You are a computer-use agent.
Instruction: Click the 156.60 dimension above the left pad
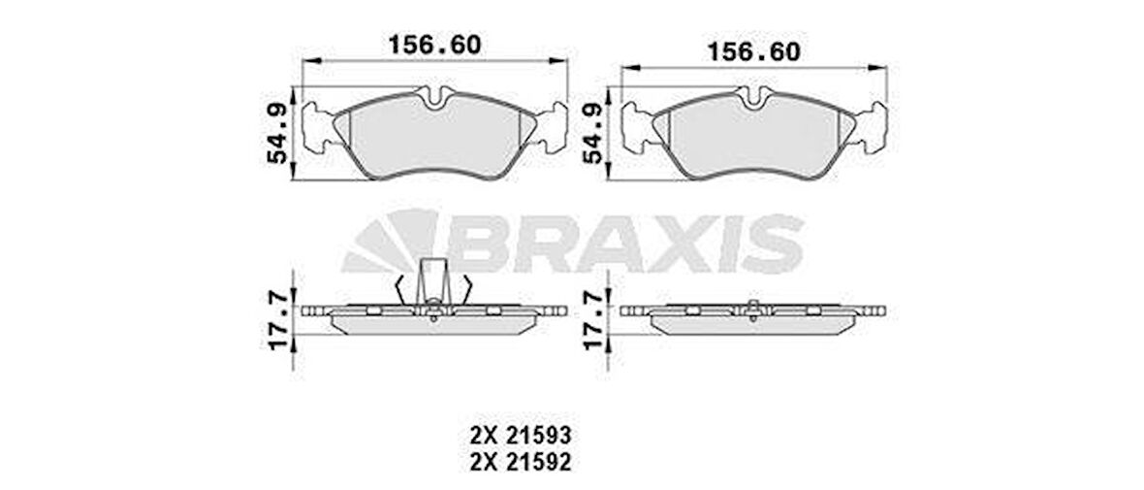tap(434, 45)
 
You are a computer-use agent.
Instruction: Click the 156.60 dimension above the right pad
tap(754, 51)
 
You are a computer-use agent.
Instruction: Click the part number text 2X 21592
tap(519, 463)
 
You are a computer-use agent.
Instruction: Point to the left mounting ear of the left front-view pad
tap(318, 127)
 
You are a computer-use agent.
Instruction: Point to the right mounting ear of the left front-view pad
tap(553, 127)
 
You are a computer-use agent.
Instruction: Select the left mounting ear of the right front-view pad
tap(636, 127)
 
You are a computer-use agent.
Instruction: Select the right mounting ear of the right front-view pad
tap(872, 127)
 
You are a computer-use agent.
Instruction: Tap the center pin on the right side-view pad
tap(753, 310)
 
